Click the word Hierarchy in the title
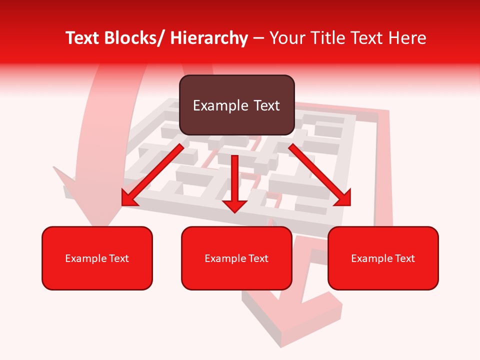[x=209, y=38]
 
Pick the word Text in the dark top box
[x=266, y=105]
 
